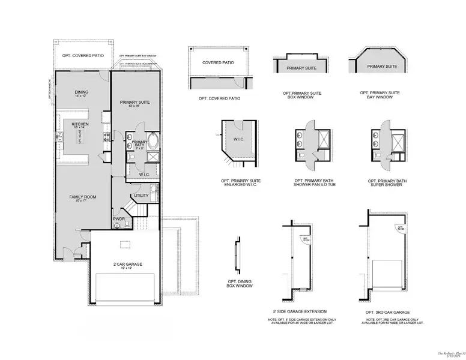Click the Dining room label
pos(81,93)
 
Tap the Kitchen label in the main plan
pos(80,125)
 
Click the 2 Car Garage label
pos(127,265)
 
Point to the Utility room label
pos(141,196)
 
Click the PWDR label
pos(119,220)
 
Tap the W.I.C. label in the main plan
pos(144,175)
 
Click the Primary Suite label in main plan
pos(135,103)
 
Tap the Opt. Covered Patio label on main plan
pos(83,55)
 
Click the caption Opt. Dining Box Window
pos(240,284)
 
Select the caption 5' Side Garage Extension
pos(300,311)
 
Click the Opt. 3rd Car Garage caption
pos(388,312)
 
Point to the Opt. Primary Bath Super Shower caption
pos(388,182)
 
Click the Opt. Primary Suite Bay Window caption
pos(380,95)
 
